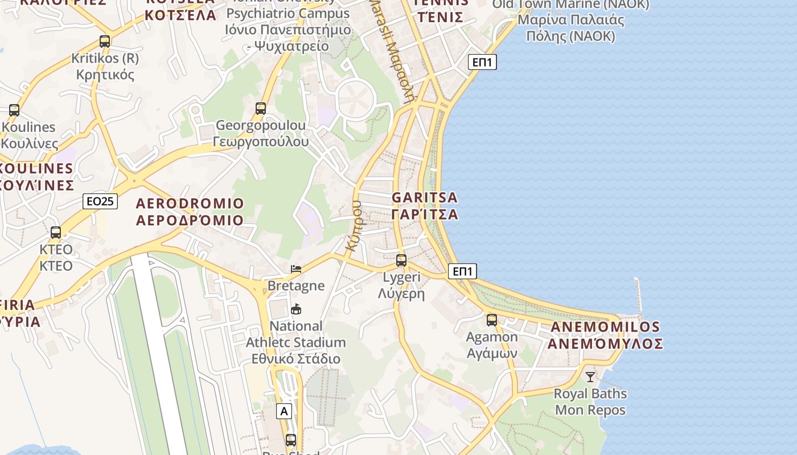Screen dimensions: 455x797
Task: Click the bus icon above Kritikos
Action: tap(105, 42)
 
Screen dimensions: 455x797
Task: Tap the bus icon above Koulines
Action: tap(14, 110)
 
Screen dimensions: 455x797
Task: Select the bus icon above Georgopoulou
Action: tap(261, 108)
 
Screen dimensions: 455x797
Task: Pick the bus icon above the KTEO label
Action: tap(56, 233)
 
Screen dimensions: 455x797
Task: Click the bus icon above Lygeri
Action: tap(401, 260)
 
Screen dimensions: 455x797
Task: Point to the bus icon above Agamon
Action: tap(492, 320)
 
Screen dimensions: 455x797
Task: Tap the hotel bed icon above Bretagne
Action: tap(296, 269)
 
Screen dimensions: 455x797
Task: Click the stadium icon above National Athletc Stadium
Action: tap(296, 309)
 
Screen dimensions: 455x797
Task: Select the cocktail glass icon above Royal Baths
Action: tap(590, 377)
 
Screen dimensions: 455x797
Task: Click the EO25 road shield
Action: tap(100, 201)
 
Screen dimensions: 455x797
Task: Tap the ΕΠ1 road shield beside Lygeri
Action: tap(462, 271)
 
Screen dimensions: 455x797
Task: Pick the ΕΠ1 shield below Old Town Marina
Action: tap(482, 62)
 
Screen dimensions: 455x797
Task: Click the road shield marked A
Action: tap(284, 411)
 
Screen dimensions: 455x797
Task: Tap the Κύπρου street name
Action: tap(355, 226)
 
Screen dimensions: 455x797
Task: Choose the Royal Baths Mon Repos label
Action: tap(590, 402)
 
